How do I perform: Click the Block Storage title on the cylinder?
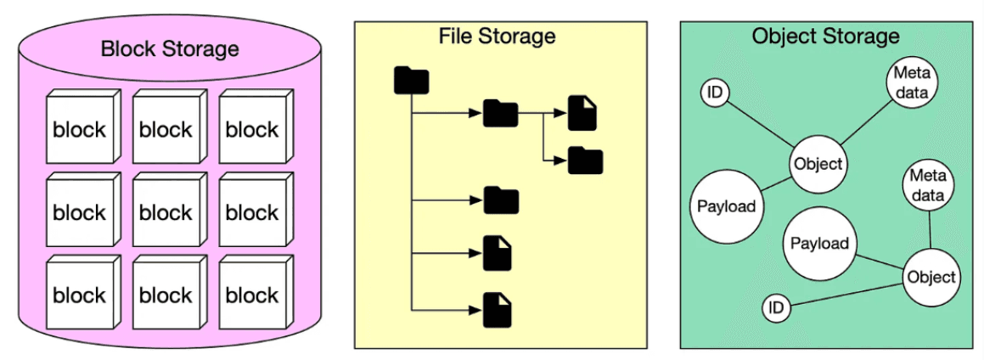pyautogui.click(x=170, y=48)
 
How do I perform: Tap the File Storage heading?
pyautogui.click(x=497, y=36)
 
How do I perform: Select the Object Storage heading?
pyautogui.click(x=825, y=36)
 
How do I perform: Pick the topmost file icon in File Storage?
pyautogui.click(x=582, y=113)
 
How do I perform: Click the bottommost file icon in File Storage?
pyautogui.click(x=497, y=309)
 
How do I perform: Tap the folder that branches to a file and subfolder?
pyautogui.click(x=500, y=113)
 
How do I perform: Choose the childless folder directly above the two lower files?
pyautogui.click(x=500, y=200)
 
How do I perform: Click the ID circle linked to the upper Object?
pyautogui.click(x=716, y=93)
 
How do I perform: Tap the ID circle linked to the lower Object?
pyautogui.click(x=775, y=307)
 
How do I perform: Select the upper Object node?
pyautogui.click(x=818, y=164)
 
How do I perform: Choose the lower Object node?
pyautogui.click(x=931, y=277)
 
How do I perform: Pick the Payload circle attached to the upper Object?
pyautogui.click(x=726, y=206)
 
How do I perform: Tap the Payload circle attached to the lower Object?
pyautogui.click(x=819, y=244)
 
